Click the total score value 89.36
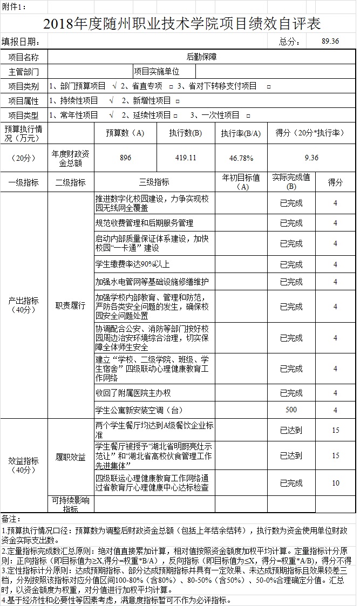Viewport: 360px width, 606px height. [329, 41]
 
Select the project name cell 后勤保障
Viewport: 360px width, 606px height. [201, 57]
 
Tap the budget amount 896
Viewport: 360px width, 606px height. [125, 157]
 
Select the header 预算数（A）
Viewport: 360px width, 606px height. [125, 133]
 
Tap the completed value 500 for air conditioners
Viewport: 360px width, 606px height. [291, 410]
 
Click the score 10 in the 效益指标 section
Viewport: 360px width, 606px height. [335, 483]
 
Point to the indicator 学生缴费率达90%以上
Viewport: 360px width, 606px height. [132, 264]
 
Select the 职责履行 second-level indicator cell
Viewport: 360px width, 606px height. [70, 305]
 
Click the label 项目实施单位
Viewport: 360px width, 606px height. [157, 71]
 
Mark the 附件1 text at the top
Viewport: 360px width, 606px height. [14, 6]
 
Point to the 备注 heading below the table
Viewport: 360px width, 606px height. [11, 519]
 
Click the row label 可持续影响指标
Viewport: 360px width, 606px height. [70, 504]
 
